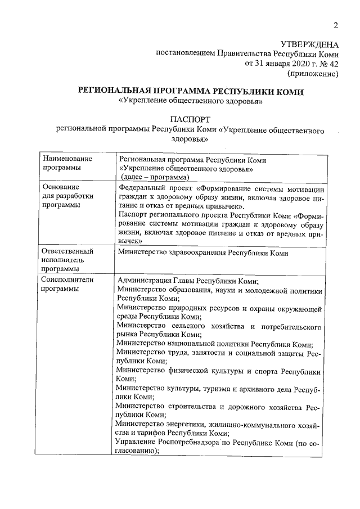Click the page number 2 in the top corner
335,25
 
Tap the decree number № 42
328,64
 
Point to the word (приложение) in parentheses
313,73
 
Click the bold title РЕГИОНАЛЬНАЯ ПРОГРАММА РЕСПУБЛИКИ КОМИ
191,91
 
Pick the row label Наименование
67,159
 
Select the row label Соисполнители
67,280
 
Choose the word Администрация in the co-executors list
145,281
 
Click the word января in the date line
275,64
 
